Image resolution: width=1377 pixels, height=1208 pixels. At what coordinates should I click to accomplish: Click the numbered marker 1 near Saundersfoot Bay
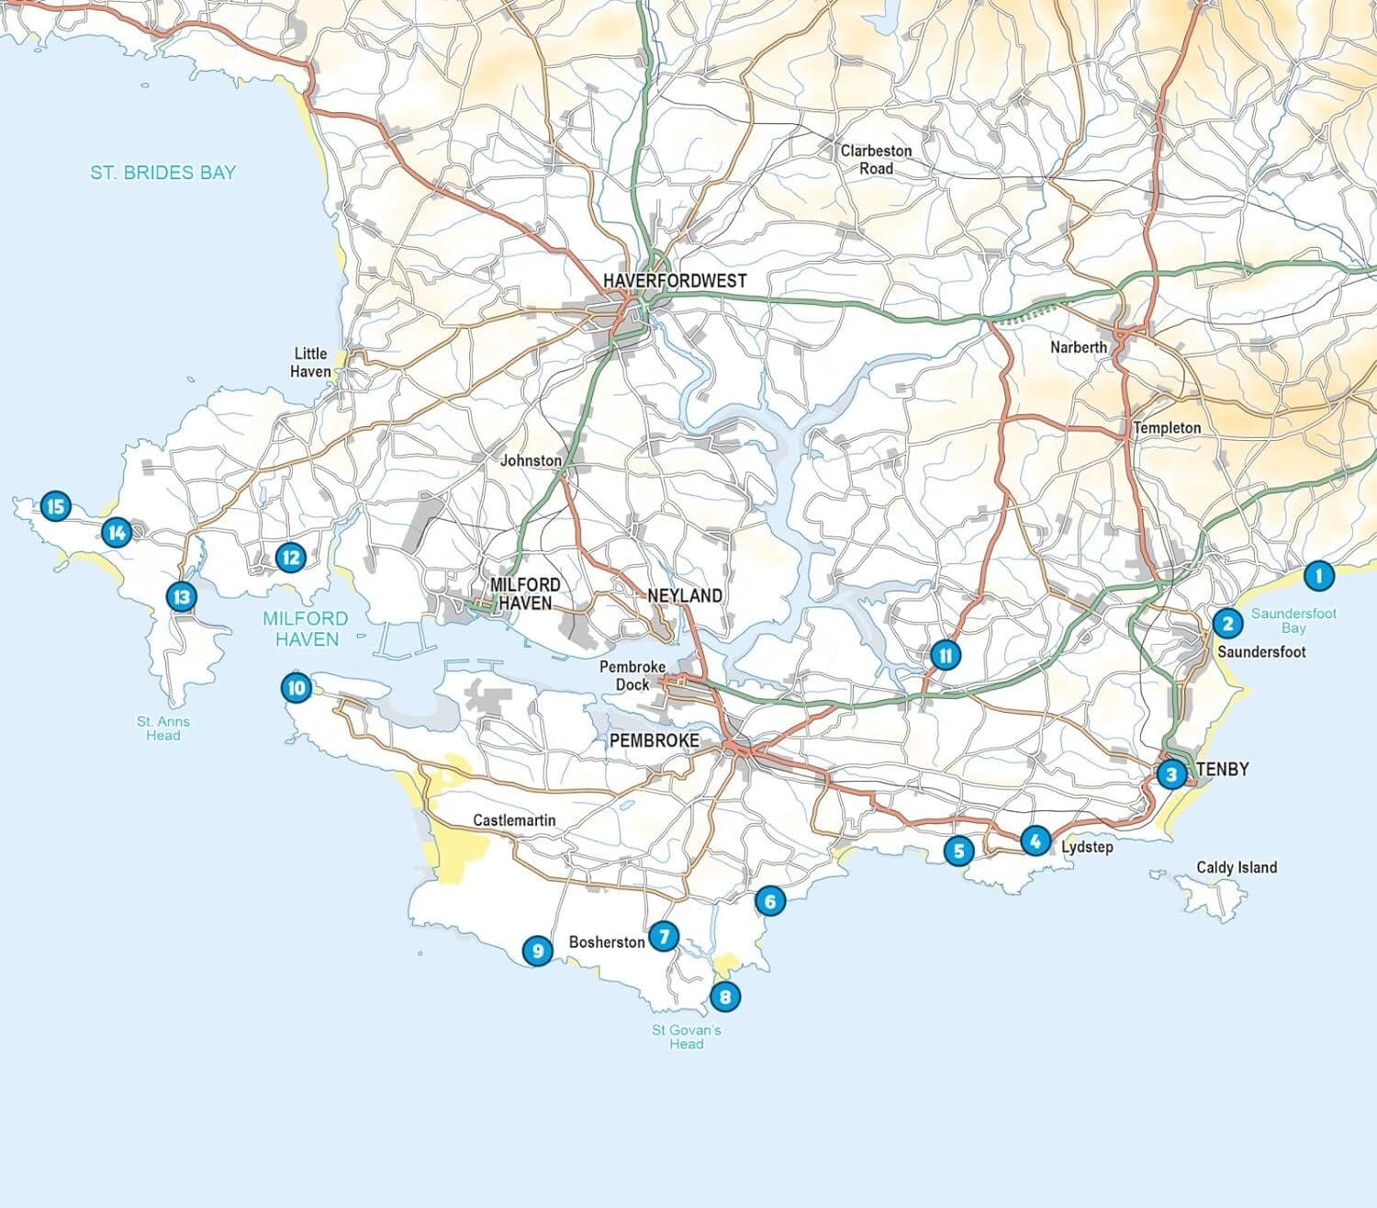1318,576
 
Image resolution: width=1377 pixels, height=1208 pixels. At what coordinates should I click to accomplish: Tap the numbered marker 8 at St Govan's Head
725,996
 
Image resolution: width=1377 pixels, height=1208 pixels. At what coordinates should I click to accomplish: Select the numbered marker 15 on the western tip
55,505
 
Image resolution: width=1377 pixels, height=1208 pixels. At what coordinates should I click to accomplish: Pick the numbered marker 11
945,655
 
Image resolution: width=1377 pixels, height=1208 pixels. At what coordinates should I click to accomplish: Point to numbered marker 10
296,687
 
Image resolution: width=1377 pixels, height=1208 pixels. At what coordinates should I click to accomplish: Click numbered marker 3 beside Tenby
1170,774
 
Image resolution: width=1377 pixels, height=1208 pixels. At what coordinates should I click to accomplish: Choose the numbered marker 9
537,950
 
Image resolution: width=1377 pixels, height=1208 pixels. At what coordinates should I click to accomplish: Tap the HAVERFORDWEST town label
675,280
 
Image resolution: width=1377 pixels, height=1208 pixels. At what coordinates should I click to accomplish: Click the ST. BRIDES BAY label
162,172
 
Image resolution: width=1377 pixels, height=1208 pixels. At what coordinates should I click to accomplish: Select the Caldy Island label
1236,867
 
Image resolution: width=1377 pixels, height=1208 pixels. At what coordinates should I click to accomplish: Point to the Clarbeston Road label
876,159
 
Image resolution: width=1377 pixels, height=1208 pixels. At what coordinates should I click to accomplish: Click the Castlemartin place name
514,820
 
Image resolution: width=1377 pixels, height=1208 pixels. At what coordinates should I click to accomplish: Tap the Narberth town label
1079,347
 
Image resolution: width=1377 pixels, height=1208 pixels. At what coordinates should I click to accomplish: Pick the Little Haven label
310,362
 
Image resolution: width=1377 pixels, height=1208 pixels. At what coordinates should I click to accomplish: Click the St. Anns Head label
163,728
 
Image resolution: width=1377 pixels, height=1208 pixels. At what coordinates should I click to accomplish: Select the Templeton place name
1166,428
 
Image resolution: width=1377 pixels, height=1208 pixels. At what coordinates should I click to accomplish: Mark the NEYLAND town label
685,595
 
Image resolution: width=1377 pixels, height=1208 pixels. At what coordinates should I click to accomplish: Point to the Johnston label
531,460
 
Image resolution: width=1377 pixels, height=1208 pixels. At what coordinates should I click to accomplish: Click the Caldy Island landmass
1204,893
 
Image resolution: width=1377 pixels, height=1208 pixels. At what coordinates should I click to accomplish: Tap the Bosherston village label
606,942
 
